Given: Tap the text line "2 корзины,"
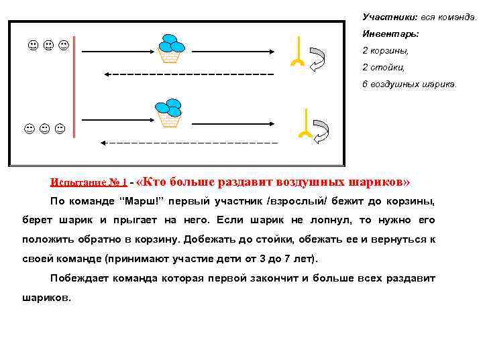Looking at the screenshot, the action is coord(385,50).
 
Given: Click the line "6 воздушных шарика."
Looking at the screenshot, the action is coord(409,84).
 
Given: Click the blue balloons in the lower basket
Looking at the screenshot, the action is coord(168,107).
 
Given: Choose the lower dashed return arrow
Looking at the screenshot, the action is coord(188,142).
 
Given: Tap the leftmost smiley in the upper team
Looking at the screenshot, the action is coord(32,46).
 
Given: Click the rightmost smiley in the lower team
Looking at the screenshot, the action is coord(60,127).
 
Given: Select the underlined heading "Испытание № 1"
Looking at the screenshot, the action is coord(89,182).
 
